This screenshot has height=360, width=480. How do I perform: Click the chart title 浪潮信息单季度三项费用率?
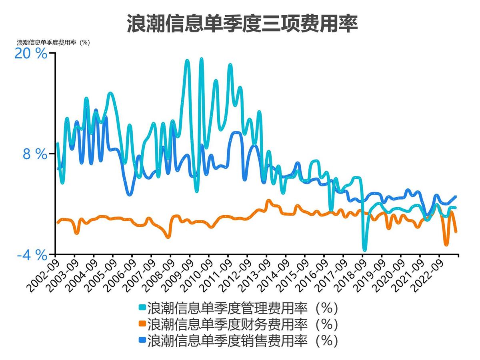pyautogui.click(x=242, y=24)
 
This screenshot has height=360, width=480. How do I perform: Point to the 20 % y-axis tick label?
pyautogui.click(x=31, y=54)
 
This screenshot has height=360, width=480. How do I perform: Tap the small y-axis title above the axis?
pyautogui.click(x=53, y=42)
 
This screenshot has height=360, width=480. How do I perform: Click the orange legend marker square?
pyautogui.click(x=142, y=324)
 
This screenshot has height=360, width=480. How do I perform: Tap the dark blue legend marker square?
pyautogui.click(x=142, y=340)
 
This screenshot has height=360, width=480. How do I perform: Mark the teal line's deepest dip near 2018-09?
pyautogui.click(x=364, y=250)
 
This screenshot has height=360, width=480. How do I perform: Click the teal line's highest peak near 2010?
pyautogui.click(x=201, y=59)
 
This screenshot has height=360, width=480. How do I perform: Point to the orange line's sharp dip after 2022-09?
pyautogui.click(x=446, y=244)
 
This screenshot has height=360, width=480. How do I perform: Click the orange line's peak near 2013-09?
pyautogui.click(x=268, y=201)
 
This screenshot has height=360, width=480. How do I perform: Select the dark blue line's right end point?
pyautogui.click(x=456, y=196)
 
